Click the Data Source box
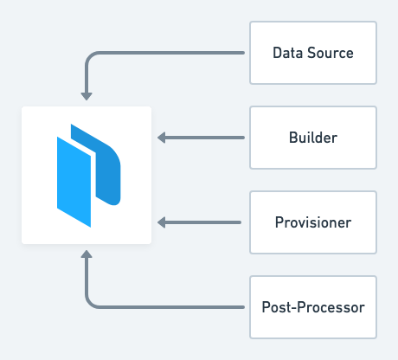[x=313, y=53]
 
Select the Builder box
[x=313, y=138]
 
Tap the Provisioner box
[x=313, y=222]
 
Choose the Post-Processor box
[x=313, y=307]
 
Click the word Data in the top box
[x=288, y=53]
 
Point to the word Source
[x=331, y=53]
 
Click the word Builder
[x=313, y=138]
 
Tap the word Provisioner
[x=313, y=222]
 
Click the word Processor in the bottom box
[x=331, y=307]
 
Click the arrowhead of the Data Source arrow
[x=87, y=96]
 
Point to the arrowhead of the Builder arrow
[x=162, y=138]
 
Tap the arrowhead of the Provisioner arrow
[x=162, y=222]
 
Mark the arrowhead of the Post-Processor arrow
[x=87, y=254]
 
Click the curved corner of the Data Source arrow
[x=90, y=56]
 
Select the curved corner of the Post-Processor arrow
[x=90, y=304]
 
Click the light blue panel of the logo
[x=74, y=182]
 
